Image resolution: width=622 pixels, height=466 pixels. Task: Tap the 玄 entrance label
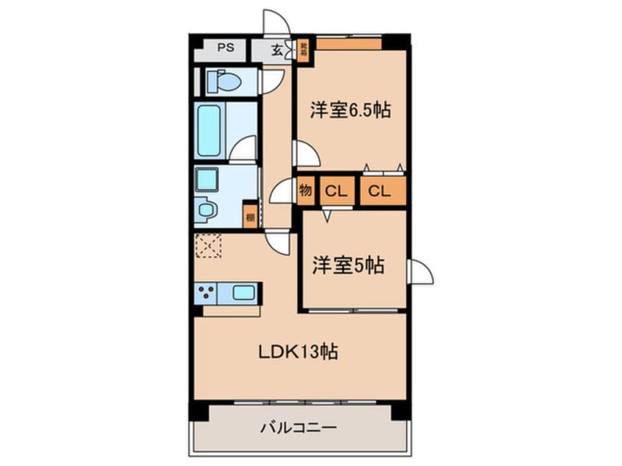pos(276,51)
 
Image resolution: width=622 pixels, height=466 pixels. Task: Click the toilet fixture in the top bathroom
pos(223,81)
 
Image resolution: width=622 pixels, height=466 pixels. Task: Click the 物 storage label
pos(306,192)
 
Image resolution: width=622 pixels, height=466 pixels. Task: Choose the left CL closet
pos(336,192)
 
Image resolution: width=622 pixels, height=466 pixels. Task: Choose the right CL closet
pos(381,192)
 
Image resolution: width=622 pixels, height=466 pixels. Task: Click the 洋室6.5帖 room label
pos(349,110)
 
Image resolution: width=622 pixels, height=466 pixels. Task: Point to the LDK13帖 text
pos(297,352)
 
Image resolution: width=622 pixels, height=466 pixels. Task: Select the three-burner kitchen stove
pos(207,293)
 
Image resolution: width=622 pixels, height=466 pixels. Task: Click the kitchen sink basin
pos(243,293)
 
